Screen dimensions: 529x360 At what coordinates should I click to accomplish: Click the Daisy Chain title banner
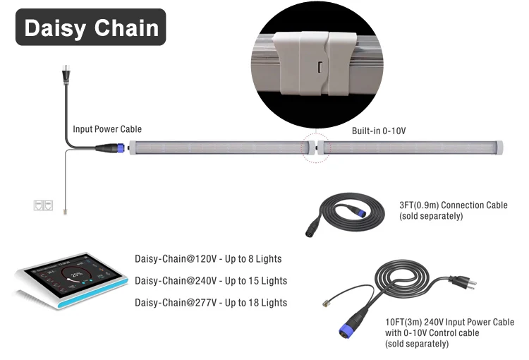click(x=91, y=28)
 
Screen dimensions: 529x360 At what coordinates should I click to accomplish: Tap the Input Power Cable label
click(x=107, y=129)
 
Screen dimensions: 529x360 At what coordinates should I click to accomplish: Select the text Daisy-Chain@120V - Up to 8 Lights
click(x=208, y=259)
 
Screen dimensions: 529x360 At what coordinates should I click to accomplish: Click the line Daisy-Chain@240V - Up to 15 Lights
click(x=211, y=280)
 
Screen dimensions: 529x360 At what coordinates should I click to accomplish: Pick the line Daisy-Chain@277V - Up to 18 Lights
click(x=211, y=302)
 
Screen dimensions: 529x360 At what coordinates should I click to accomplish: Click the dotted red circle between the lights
click(x=315, y=148)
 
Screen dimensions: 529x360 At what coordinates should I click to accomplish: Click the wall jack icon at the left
click(x=43, y=205)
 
